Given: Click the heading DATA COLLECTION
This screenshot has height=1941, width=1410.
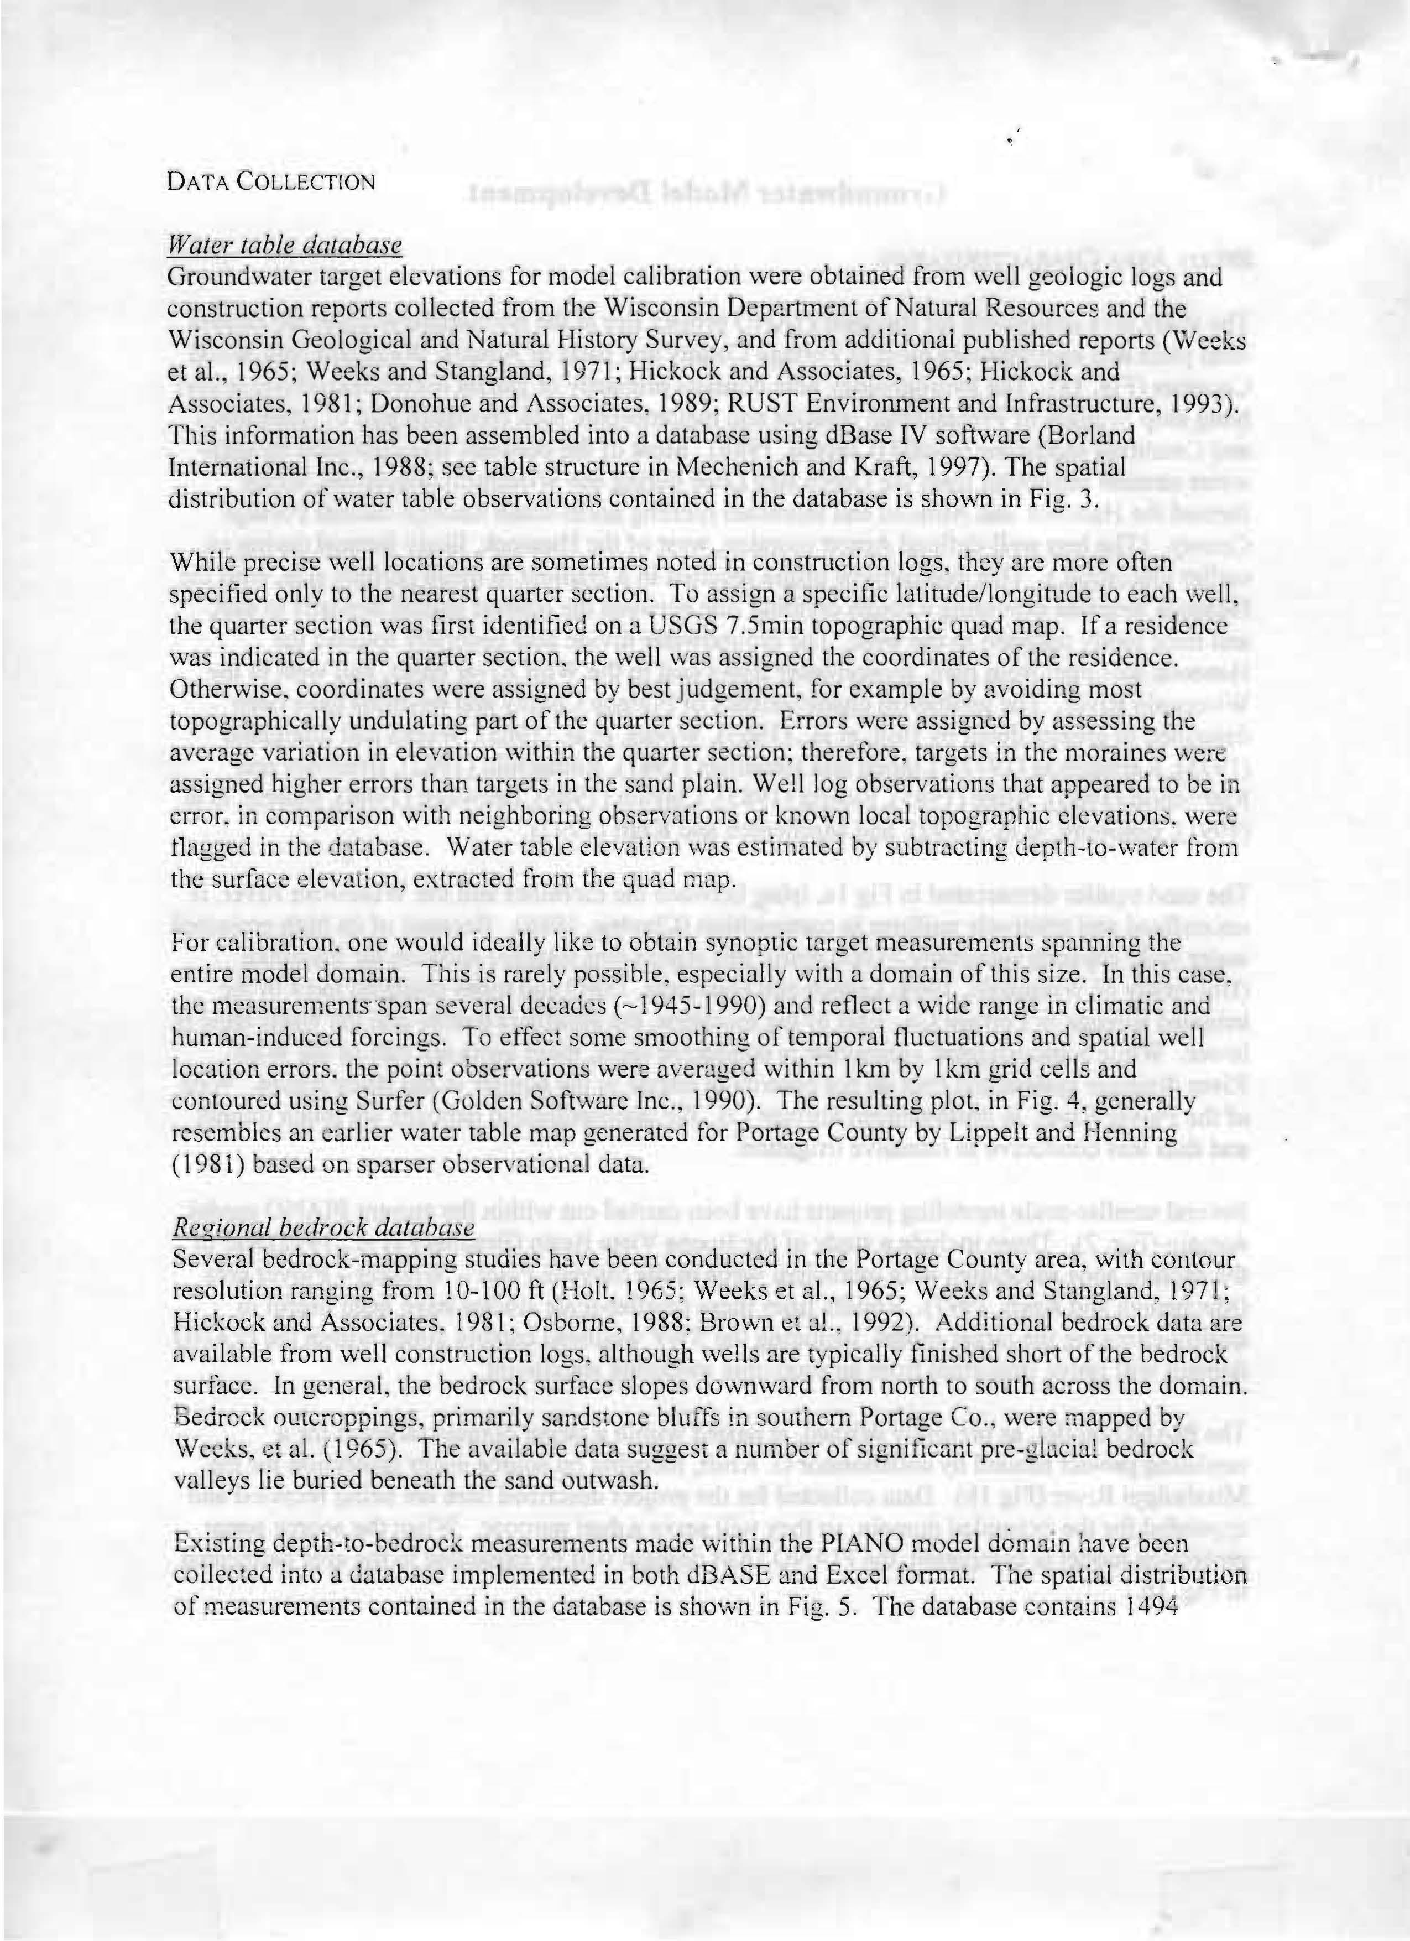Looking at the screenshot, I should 270,183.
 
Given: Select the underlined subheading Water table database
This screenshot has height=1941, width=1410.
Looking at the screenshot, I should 285,246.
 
